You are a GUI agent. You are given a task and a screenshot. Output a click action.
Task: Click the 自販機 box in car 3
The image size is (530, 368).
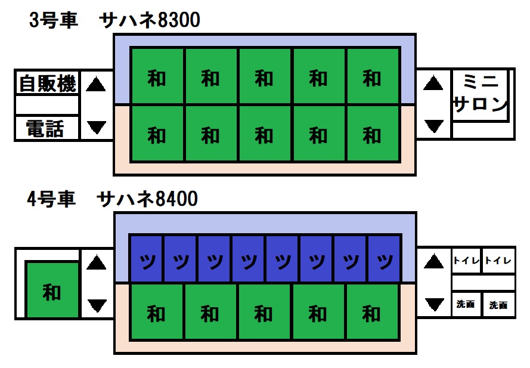click(47, 84)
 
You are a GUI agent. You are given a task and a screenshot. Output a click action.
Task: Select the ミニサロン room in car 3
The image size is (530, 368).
click(480, 95)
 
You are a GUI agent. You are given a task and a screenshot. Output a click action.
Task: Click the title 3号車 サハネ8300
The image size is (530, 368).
click(115, 21)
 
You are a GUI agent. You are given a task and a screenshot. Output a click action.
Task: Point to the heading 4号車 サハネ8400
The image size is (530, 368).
click(113, 200)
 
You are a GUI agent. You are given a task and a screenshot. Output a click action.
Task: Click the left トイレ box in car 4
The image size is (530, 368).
click(466, 261)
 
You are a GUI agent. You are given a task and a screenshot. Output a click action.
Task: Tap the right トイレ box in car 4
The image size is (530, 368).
click(498, 261)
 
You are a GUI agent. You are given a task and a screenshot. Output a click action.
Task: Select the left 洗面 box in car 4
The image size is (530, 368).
click(466, 304)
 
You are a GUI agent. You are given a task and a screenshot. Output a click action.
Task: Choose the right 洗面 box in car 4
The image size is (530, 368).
click(498, 304)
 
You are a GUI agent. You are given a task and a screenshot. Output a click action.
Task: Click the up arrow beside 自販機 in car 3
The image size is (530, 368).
click(96, 85)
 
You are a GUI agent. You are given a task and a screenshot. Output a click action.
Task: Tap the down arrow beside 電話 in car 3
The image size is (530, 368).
click(96, 126)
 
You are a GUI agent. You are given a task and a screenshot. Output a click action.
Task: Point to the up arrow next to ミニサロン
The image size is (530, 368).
click(433, 84)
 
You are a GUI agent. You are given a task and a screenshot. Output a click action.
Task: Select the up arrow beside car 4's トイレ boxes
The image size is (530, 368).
click(433, 261)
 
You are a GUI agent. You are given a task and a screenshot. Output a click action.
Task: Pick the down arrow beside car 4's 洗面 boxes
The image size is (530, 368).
click(433, 304)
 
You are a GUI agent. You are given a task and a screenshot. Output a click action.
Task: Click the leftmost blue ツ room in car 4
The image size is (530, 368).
click(147, 260)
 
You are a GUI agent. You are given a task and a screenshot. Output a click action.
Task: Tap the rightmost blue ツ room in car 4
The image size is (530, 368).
click(385, 260)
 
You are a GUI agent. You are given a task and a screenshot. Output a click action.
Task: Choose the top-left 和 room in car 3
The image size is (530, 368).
click(157, 77)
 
